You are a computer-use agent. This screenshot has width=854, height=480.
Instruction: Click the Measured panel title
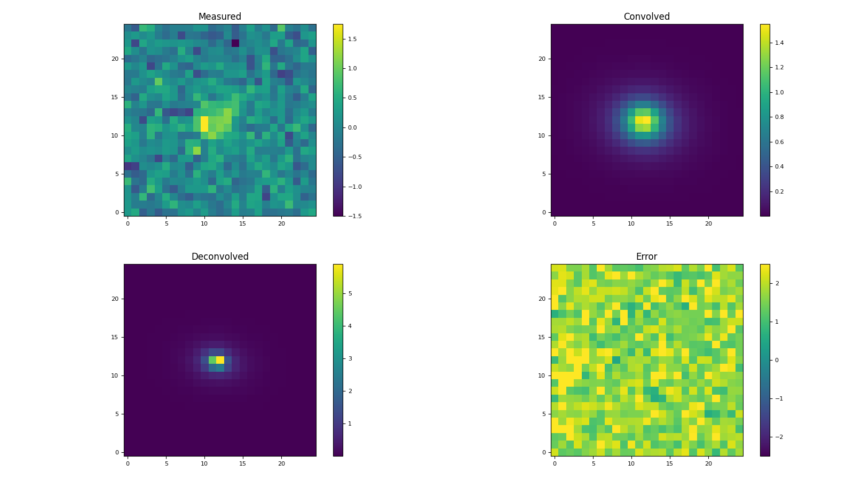pyautogui.click(x=220, y=17)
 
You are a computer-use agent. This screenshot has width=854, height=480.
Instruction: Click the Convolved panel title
pyautogui.click(x=646, y=17)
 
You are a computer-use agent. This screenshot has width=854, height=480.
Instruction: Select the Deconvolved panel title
pyautogui.click(x=220, y=257)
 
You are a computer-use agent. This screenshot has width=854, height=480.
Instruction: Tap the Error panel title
pyautogui.click(x=646, y=257)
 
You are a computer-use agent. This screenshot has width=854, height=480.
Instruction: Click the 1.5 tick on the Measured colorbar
pyautogui.click(x=352, y=39)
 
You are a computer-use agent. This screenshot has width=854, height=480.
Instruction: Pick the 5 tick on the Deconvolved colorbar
pyautogui.click(x=350, y=293)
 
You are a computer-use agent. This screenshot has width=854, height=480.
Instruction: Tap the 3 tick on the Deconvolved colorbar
pyautogui.click(x=350, y=358)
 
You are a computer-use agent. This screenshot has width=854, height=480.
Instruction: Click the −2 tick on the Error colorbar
pyautogui.click(x=777, y=437)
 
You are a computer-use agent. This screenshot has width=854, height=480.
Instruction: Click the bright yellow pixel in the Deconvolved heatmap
pyautogui.click(x=220, y=360)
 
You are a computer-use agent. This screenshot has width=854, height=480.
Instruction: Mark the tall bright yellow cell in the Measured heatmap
pyautogui.click(x=204, y=124)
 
